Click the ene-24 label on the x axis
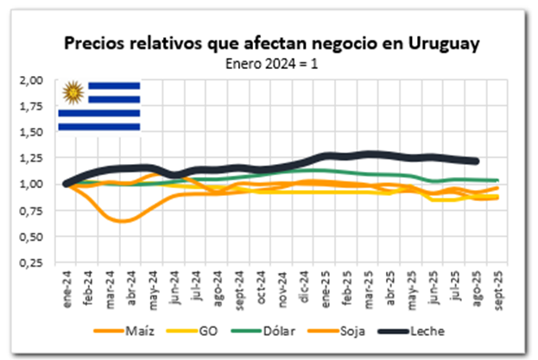tap(65, 286)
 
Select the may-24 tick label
tap(151, 286)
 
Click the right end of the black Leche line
tap(478, 161)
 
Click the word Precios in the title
tap(95, 43)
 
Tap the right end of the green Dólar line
tap(498, 180)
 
